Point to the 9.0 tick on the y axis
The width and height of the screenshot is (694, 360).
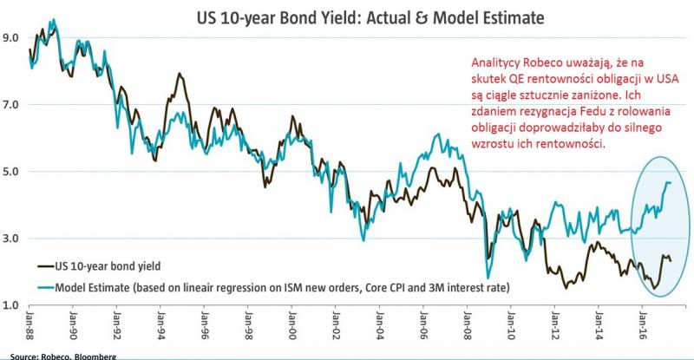[x=11, y=38]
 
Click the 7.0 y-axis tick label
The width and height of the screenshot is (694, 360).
[x=11, y=105]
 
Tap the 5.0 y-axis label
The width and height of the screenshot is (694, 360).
[x=11, y=172]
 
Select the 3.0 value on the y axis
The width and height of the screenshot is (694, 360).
[x=11, y=239]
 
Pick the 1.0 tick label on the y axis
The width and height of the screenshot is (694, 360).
[x=11, y=305]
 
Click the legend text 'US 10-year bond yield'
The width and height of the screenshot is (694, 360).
[x=113, y=265]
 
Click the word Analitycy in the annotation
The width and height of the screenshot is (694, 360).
[x=497, y=63]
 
